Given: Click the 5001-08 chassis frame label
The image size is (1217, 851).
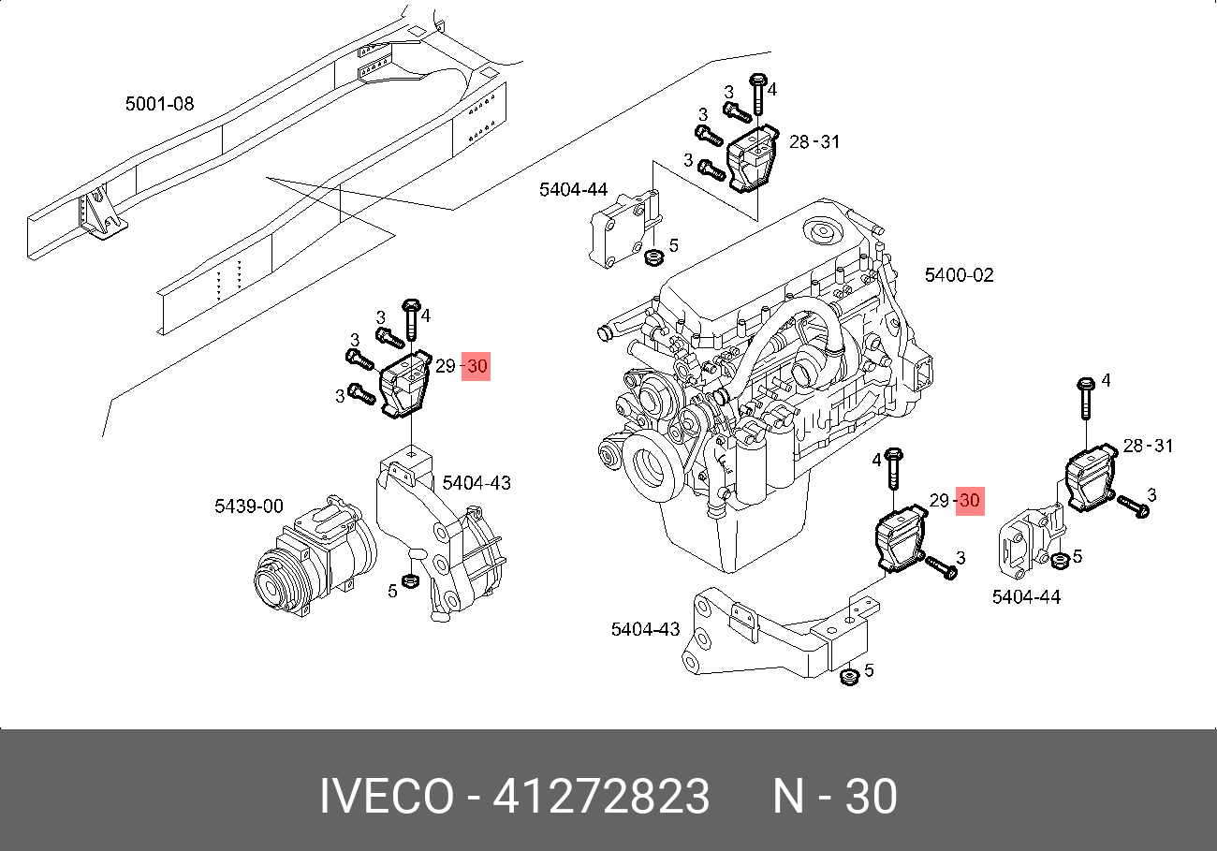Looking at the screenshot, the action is click(x=159, y=103).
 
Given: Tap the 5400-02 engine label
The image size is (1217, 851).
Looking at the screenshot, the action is click(x=959, y=275).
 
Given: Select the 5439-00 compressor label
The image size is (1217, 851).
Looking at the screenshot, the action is click(x=249, y=506).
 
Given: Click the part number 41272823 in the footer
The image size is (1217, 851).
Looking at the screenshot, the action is click(x=601, y=796).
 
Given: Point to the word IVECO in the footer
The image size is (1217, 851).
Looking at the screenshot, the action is click(x=387, y=796).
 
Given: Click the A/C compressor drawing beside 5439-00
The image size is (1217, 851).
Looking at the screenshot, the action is click(x=315, y=556).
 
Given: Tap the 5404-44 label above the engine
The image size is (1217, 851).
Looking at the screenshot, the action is click(x=573, y=189).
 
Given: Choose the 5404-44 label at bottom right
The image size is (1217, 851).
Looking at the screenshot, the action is click(x=1026, y=596).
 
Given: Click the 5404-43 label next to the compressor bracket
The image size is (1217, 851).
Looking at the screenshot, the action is click(x=477, y=482).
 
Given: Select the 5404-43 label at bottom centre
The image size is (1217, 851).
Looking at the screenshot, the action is click(x=645, y=629).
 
